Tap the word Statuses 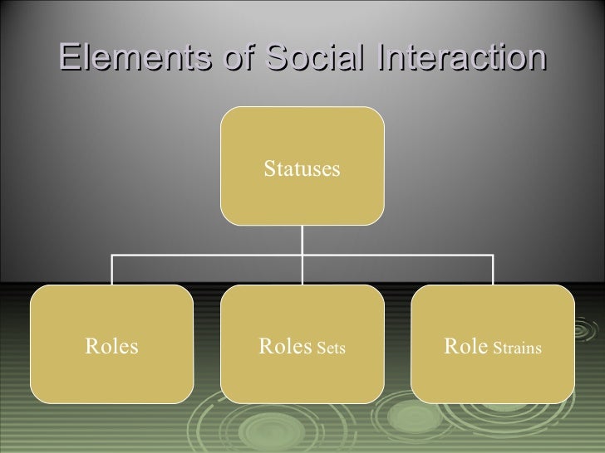[x=302, y=170]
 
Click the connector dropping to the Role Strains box [x=493, y=270]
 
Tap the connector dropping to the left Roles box [x=113, y=270]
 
